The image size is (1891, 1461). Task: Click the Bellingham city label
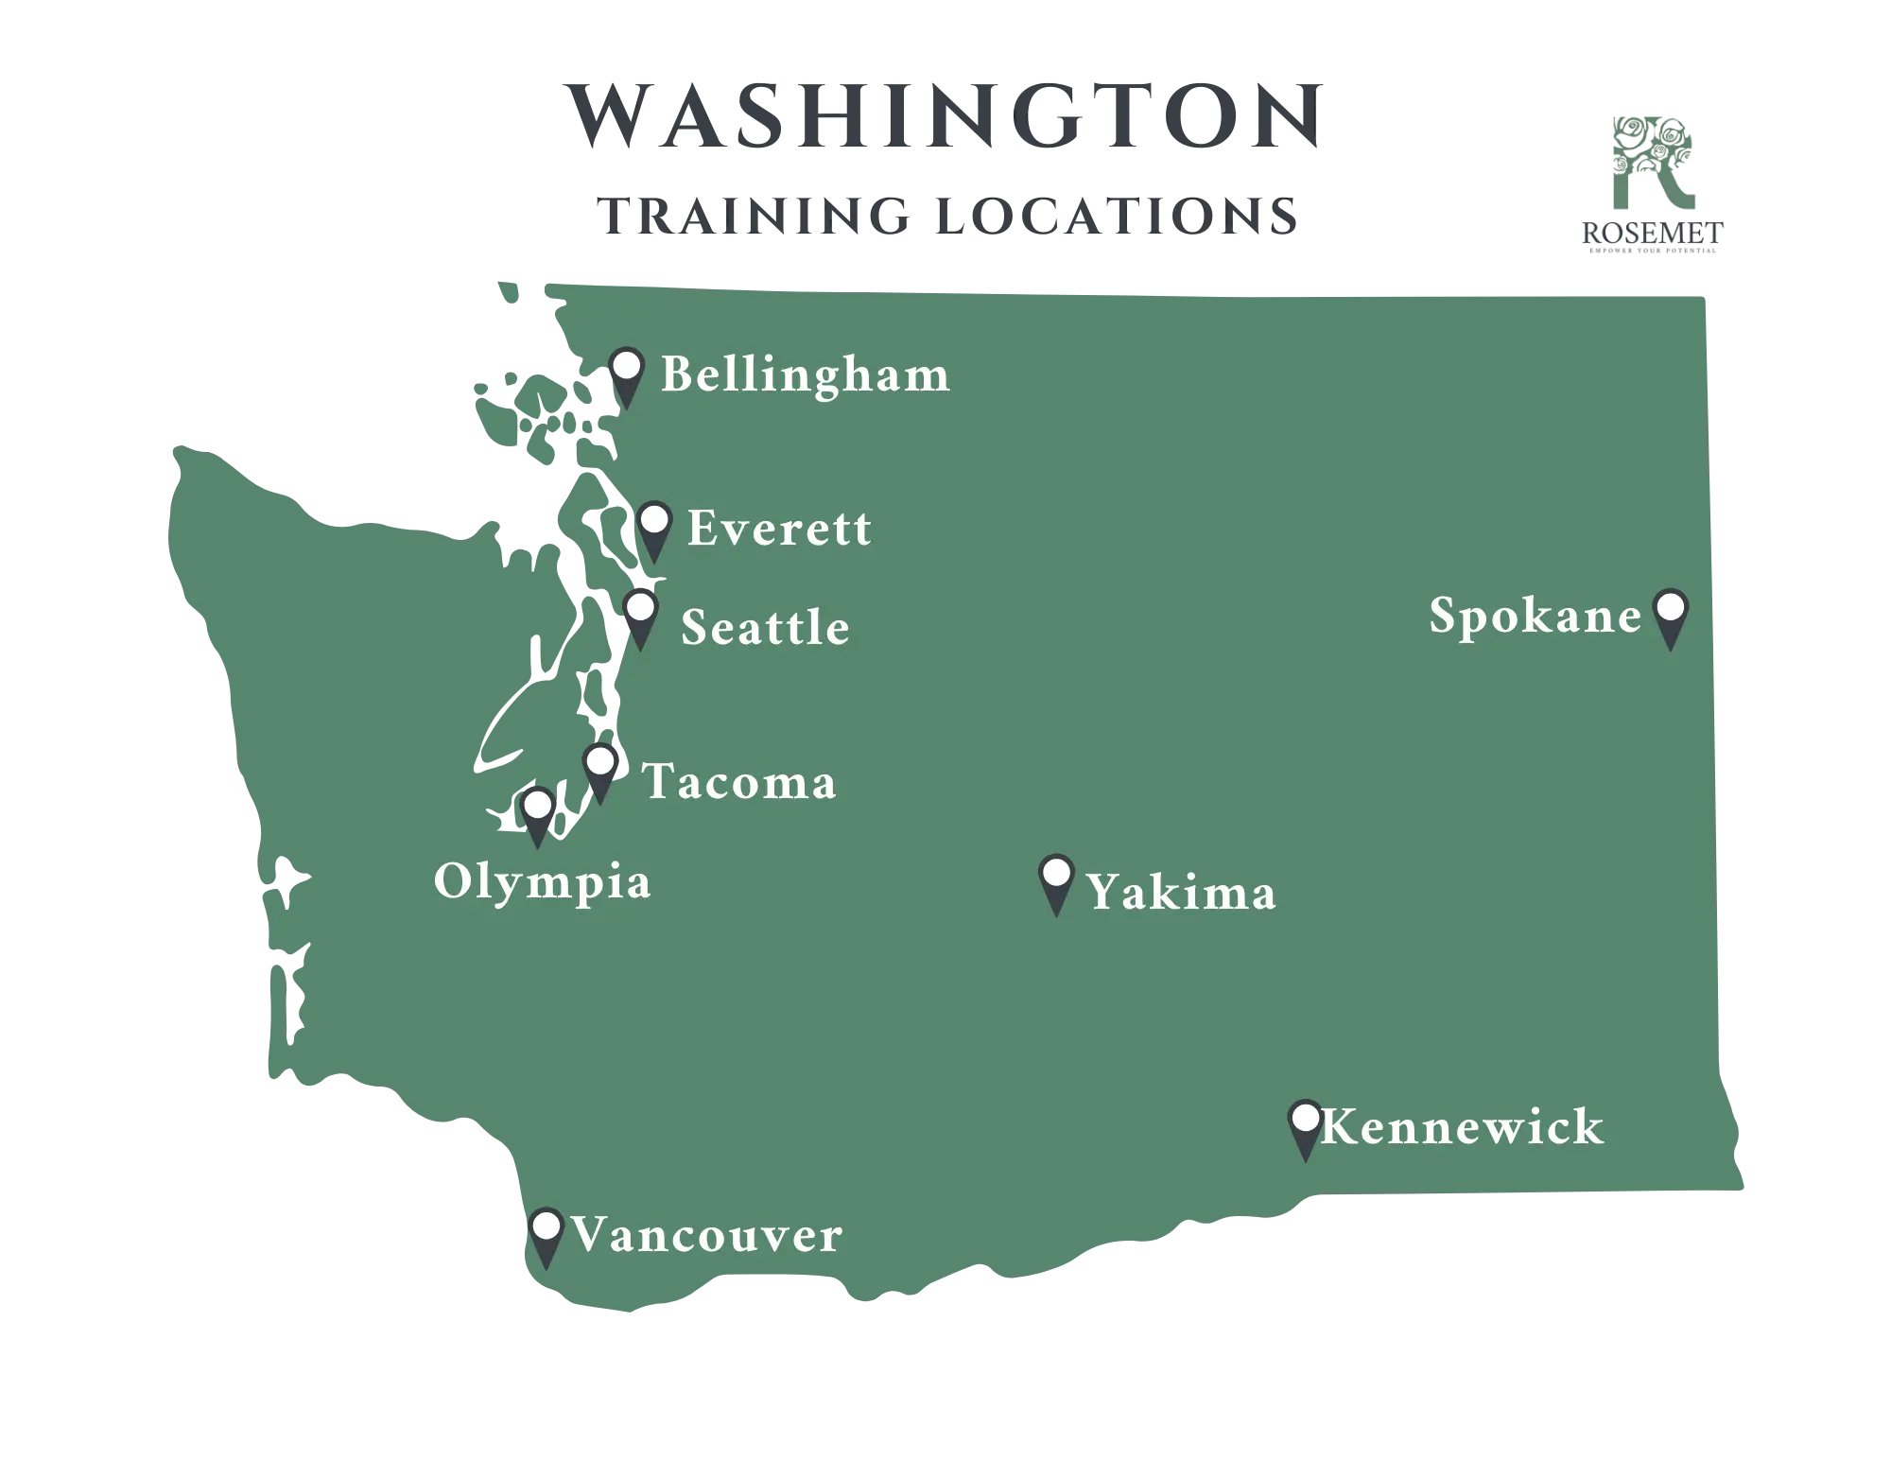(x=805, y=375)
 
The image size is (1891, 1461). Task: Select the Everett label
(x=779, y=529)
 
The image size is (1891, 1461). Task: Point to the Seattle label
(x=765, y=628)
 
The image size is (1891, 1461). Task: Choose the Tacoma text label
(x=739, y=782)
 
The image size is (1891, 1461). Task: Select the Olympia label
(x=542, y=882)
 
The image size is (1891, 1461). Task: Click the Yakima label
(x=1181, y=893)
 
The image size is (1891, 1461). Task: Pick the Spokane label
(x=1535, y=617)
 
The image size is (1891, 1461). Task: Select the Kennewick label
(x=1462, y=1127)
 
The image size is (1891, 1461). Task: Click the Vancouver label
(x=706, y=1236)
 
